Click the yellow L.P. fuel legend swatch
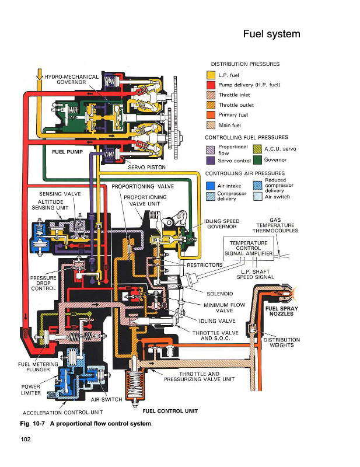(x=212, y=75)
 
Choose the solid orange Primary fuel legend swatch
(x=212, y=115)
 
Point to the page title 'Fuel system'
(x=271, y=34)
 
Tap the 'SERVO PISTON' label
(x=146, y=168)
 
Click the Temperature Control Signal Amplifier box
(x=248, y=248)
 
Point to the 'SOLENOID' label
(x=220, y=293)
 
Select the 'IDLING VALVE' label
(x=217, y=321)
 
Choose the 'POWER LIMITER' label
(x=30, y=389)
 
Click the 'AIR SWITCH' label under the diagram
(x=106, y=400)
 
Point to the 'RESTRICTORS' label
(x=204, y=264)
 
